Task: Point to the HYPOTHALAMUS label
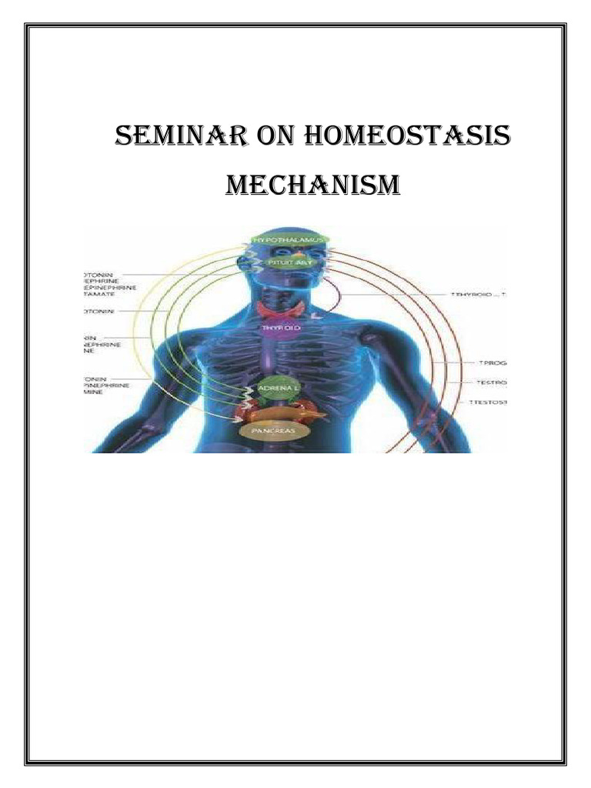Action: pos(290,241)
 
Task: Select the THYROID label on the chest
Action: pos(283,328)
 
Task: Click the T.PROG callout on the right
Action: pos(492,362)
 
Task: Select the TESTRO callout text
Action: pos(492,382)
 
